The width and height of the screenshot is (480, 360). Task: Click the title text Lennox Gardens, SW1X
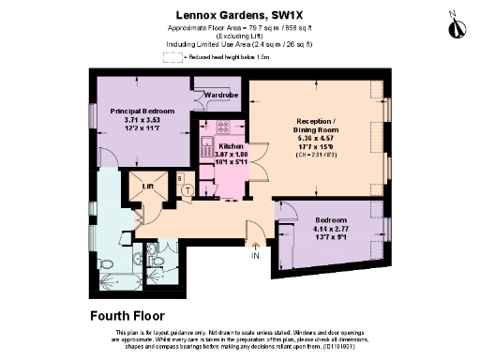239,15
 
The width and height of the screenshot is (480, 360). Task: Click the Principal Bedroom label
142,111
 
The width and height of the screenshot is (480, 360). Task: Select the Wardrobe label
222,95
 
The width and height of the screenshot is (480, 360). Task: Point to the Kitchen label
231,146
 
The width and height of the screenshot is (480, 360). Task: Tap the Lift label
147,187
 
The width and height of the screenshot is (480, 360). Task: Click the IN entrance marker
255,255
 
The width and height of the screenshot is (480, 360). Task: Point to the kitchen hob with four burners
223,127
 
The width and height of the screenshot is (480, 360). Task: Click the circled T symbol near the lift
188,189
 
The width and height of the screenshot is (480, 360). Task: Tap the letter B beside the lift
180,176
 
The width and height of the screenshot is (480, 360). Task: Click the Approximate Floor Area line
239,27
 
